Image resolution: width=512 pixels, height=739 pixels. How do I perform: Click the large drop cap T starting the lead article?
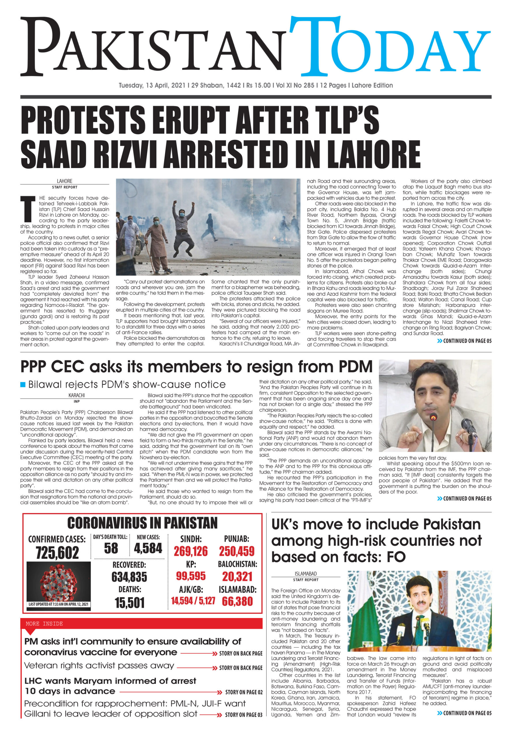coord(28,209)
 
